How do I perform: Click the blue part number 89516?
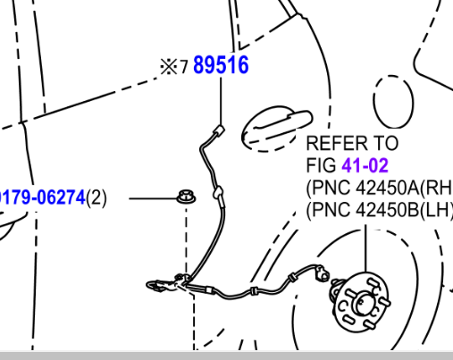[221, 65]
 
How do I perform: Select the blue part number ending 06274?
[43, 197]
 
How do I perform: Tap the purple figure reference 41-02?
[365, 165]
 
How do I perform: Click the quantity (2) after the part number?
[96, 198]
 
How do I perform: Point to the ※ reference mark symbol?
[169, 66]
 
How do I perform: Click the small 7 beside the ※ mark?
[184, 67]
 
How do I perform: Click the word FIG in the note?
[322, 165]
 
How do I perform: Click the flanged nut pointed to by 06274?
[186, 197]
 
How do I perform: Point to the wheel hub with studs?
[361, 302]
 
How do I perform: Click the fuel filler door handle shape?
[277, 127]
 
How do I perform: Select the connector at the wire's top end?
[219, 130]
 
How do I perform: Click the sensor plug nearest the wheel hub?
[322, 274]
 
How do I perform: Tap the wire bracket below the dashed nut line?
[167, 283]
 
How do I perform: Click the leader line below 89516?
[221, 101]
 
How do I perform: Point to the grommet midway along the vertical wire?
[218, 192]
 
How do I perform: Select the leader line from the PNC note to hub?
[366, 248]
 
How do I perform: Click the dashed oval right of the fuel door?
[393, 102]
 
